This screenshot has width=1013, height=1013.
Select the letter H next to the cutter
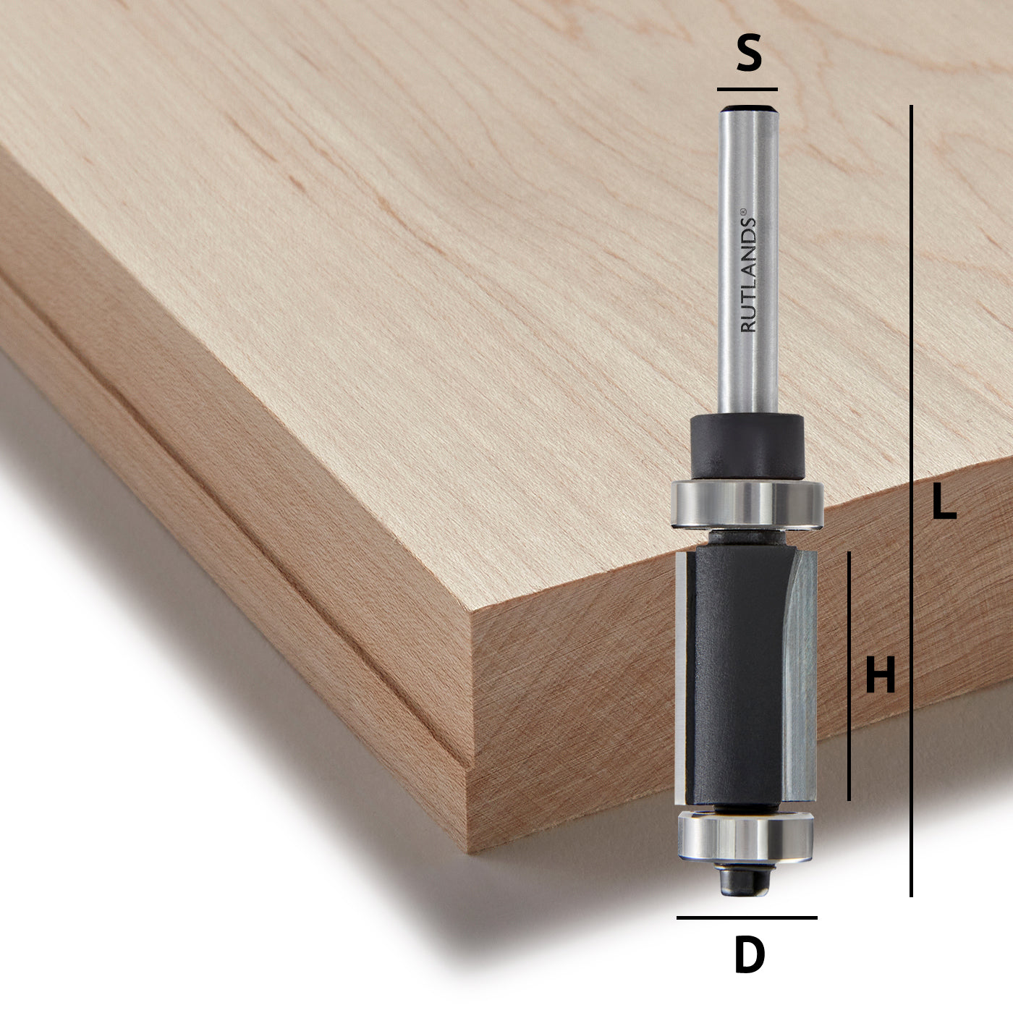(x=880, y=676)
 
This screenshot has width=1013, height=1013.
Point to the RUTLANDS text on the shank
(x=748, y=279)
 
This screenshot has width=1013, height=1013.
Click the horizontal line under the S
(x=747, y=90)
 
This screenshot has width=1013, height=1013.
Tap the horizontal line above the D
(x=747, y=917)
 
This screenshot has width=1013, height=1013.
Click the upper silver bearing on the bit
(x=747, y=502)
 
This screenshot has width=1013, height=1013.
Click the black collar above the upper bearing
(x=747, y=444)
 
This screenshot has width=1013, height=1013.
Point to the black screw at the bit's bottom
(x=745, y=880)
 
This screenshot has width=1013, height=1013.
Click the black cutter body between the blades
(x=738, y=680)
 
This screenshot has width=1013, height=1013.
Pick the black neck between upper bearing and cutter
(x=746, y=538)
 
